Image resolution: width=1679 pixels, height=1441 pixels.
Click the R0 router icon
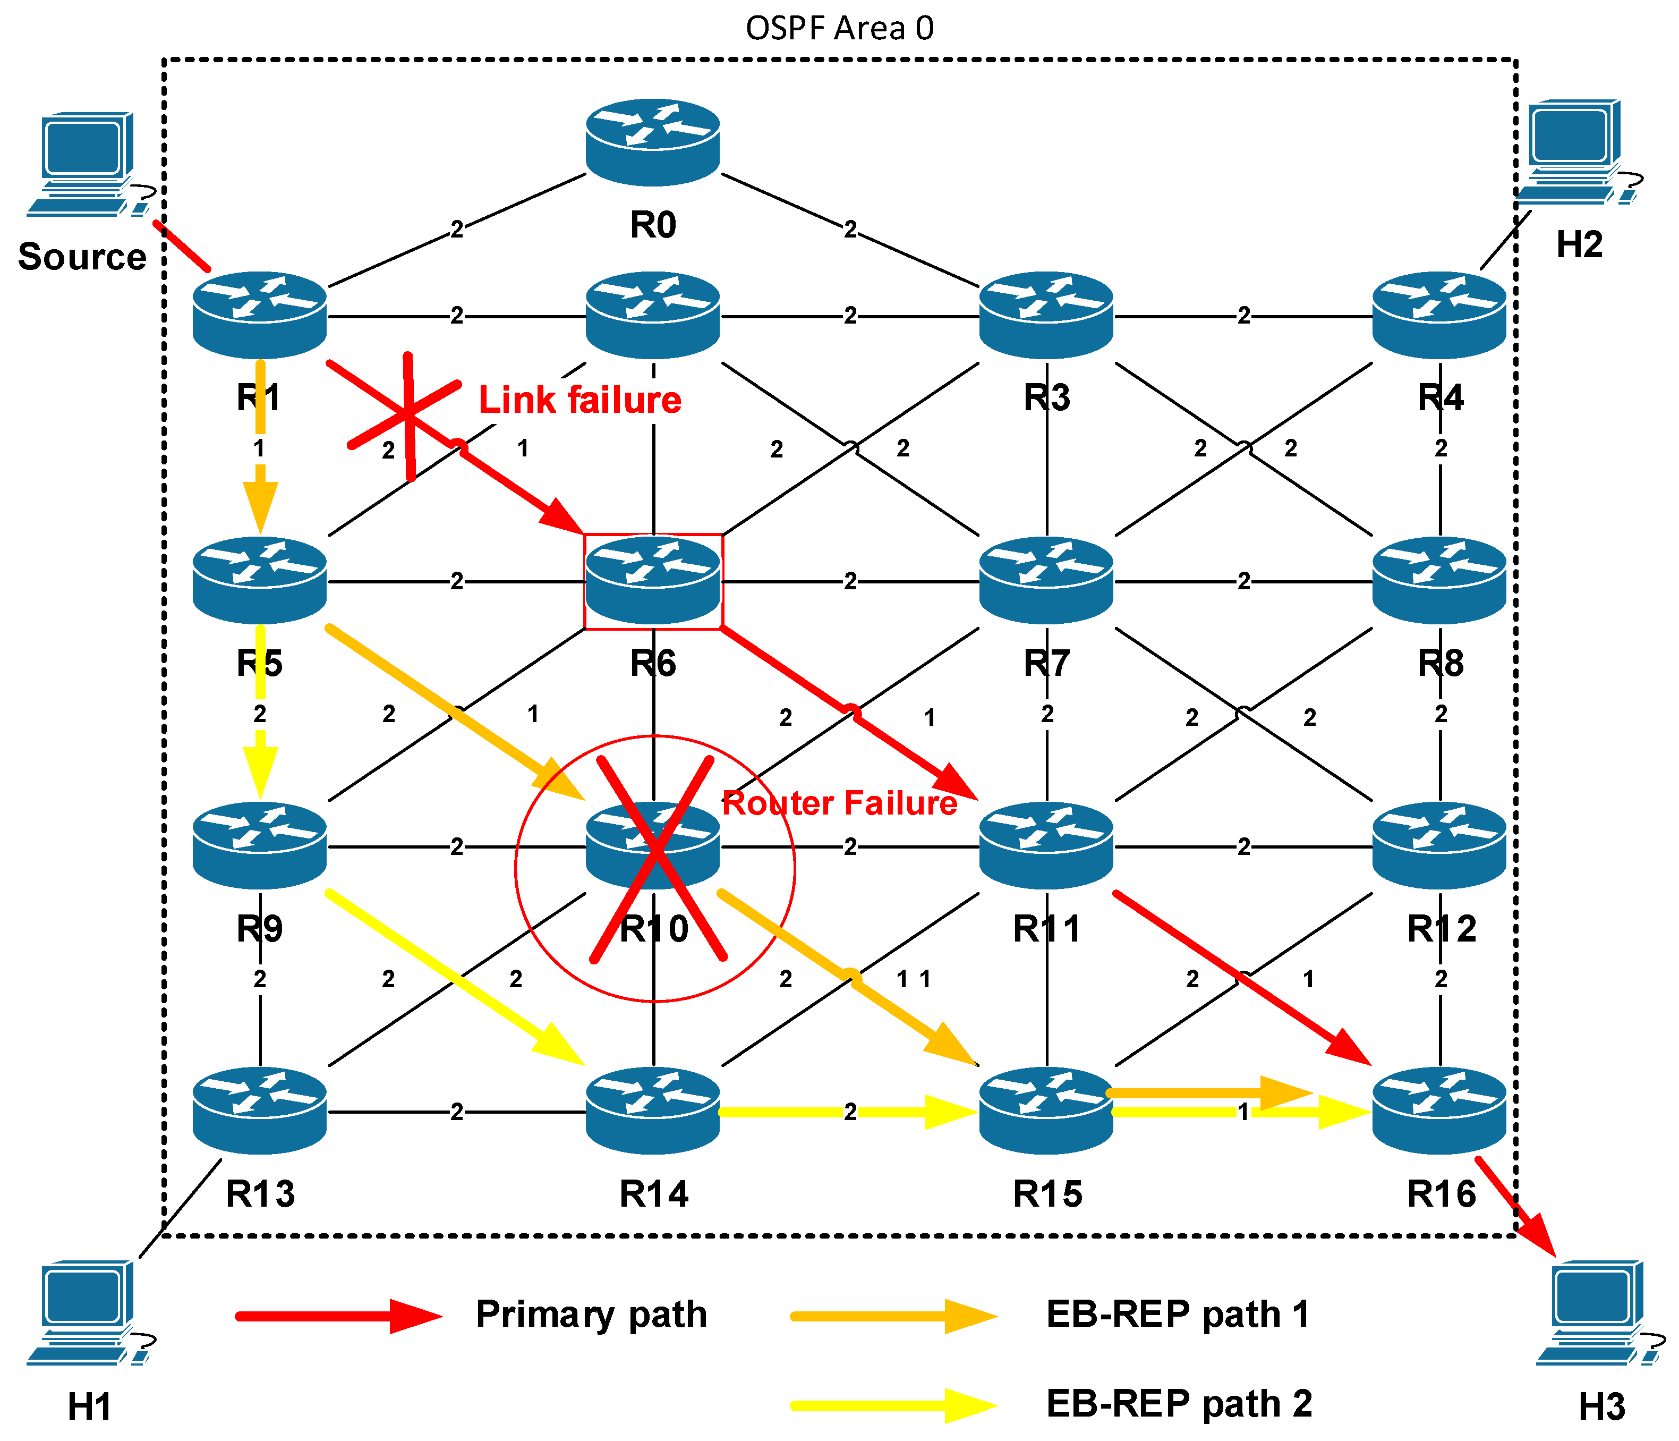click(x=653, y=142)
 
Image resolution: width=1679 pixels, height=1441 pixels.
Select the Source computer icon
click(x=89, y=165)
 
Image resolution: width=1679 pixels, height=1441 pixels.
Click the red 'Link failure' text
click(x=580, y=400)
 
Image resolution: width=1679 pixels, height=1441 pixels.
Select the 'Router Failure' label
click(x=839, y=803)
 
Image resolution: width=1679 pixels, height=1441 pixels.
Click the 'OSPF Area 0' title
click(x=839, y=28)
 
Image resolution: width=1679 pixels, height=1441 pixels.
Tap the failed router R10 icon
click(x=653, y=845)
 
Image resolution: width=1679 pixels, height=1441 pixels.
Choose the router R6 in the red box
click(x=653, y=580)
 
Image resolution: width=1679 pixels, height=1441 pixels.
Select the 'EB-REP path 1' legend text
click(x=1178, y=1315)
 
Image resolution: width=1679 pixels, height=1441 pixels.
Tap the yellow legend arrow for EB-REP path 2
click(x=894, y=1406)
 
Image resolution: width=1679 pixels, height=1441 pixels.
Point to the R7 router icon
click(x=1046, y=580)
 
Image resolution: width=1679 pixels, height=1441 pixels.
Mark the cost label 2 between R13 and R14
click(x=457, y=1112)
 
